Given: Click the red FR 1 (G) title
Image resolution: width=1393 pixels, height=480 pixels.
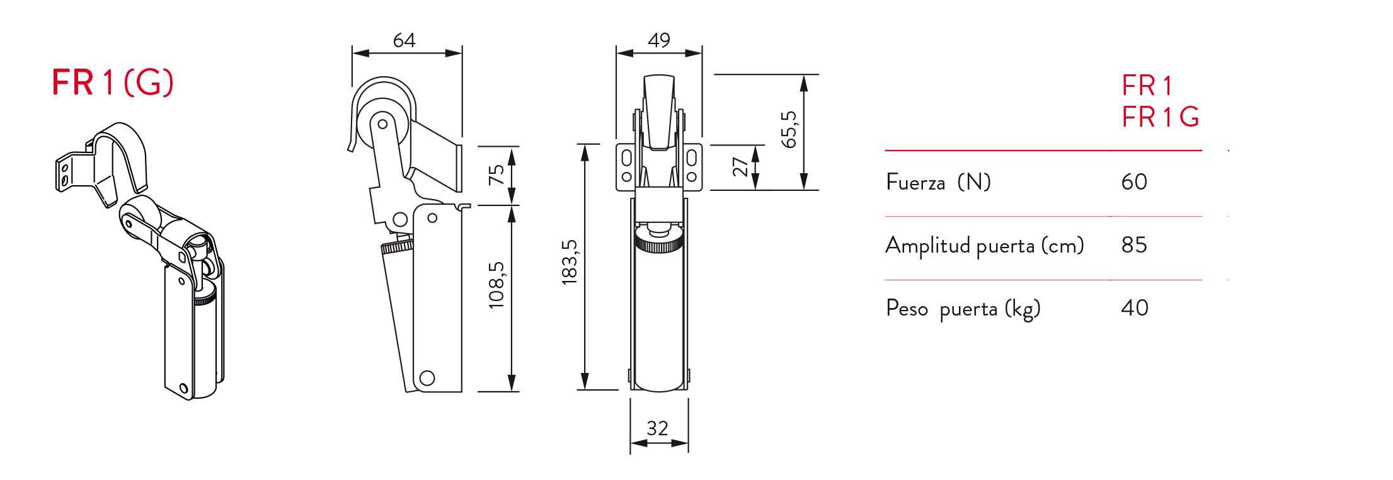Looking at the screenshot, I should [x=112, y=83].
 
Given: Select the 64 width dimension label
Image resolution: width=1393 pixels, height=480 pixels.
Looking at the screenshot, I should [x=404, y=40].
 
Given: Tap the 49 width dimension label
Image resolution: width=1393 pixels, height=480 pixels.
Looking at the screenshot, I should [x=659, y=40].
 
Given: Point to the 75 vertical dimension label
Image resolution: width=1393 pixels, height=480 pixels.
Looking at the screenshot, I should [x=497, y=174].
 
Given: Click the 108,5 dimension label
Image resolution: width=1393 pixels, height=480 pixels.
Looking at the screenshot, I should [x=497, y=285].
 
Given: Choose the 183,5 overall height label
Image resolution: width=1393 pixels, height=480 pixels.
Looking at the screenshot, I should [x=569, y=262].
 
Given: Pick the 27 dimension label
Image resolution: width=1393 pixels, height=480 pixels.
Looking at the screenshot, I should [x=740, y=167].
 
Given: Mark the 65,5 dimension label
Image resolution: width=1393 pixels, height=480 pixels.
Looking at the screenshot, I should [x=789, y=130].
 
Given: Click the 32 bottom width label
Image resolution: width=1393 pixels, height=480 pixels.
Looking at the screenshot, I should [x=657, y=428].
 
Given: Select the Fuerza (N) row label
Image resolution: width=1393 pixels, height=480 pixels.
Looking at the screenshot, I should [x=938, y=183].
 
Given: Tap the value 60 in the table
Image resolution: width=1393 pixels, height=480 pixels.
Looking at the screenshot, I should [x=1134, y=182].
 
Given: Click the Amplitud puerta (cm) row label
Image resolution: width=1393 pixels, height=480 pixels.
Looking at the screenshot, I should [x=984, y=246].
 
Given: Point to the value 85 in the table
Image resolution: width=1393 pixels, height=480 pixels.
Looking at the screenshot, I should [x=1134, y=245].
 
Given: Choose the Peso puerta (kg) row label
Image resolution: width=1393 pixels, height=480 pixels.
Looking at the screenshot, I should [x=963, y=309].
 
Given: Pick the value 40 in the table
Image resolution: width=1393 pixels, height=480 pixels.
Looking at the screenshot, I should [x=1134, y=308].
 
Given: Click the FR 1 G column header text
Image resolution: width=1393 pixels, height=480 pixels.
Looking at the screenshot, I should [x=1160, y=117].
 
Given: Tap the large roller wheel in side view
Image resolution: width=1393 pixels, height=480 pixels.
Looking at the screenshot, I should [x=382, y=123].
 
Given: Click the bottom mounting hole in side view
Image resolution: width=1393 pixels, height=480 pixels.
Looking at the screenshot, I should [x=427, y=378].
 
